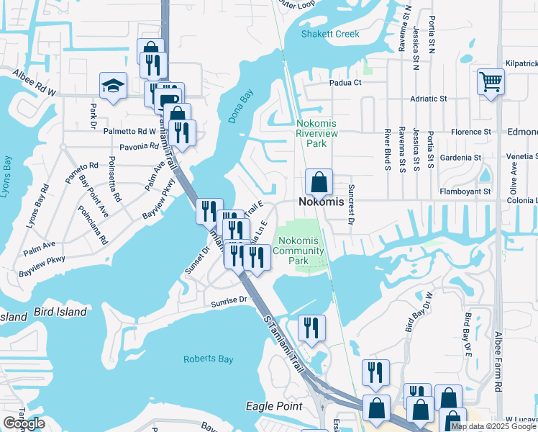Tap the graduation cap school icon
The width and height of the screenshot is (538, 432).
click(114, 86)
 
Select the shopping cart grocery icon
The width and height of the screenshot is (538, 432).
click(491, 81)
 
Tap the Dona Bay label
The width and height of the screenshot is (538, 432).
click(241, 106)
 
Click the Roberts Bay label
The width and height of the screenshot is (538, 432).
click(206, 359)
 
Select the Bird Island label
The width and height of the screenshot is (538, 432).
click(60, 312)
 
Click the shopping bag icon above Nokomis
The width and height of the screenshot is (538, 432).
click(319, 183)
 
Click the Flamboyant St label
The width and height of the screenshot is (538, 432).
click(467, 192)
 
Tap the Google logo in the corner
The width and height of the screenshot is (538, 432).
click(24, 423)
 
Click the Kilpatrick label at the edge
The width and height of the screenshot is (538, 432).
click(521, 63)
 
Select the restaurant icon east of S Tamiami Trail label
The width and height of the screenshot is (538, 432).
click(311, 328)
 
